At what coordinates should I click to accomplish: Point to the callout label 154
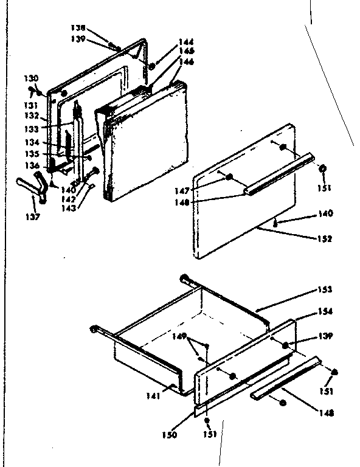click(x=325, y=311)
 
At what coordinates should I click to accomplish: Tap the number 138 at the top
click(x=95, y=28)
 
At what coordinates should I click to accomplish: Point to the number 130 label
click(x=31, y=78)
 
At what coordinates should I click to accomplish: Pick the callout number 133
click(x=32, y=128)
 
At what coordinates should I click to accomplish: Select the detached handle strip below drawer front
click(x=285, y=377)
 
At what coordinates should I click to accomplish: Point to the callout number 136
click(x=32, y=165)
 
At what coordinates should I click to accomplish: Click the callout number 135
click(x=32, y=154)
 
